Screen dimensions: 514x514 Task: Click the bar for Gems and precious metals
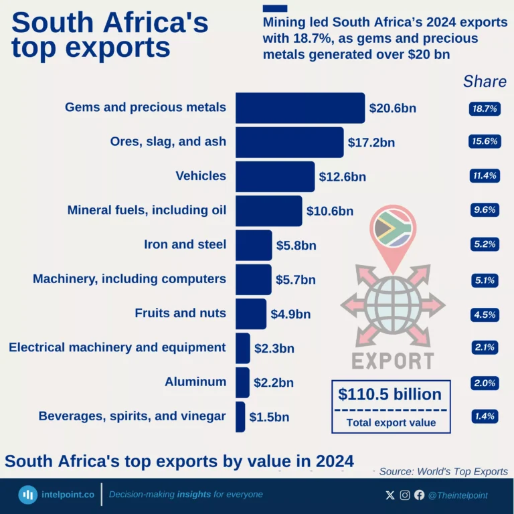300,108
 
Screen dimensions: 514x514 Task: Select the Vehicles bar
274,177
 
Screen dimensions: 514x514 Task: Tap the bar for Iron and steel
254,245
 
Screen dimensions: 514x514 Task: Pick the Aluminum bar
242,382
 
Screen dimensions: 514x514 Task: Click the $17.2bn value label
371,143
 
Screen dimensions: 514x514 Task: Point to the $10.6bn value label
329,211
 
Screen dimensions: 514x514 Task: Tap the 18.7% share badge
485,108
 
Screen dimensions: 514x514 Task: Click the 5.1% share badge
485,280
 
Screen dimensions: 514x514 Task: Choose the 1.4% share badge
485,416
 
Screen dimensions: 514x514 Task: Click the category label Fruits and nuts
180,313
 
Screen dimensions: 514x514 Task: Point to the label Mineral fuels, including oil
147,210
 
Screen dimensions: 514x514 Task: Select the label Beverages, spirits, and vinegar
132,416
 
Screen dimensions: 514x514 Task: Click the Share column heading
485,82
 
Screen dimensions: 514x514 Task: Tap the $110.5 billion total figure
390,394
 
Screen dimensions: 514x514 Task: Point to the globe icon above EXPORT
393,305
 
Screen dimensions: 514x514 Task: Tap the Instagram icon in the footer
405,495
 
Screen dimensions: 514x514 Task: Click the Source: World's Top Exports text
443,471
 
